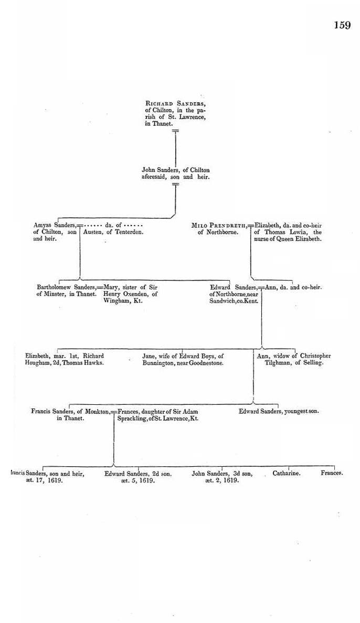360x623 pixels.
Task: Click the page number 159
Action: [x=342, y=25]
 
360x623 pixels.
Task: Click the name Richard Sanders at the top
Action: [x=175, y=104]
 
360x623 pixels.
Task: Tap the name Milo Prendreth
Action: [x=219, y=225]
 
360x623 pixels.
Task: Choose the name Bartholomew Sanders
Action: [x=66, y=287]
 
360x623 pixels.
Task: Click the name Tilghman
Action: [x=278, y=363]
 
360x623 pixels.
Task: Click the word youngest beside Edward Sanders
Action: [x=295, y=412]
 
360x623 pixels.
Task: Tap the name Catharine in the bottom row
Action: [x=287, y=473]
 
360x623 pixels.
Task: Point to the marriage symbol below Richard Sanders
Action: [x=175, y=131]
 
